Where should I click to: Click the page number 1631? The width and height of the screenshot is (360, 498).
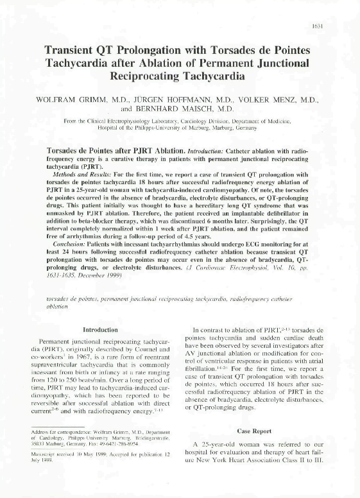pyautogui.click(x=334, y=26)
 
